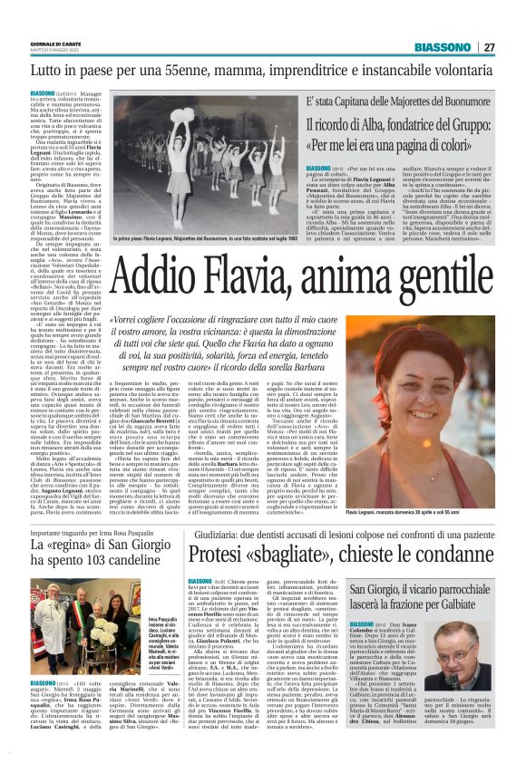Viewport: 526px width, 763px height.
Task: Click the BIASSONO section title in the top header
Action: tap(444, 47)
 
